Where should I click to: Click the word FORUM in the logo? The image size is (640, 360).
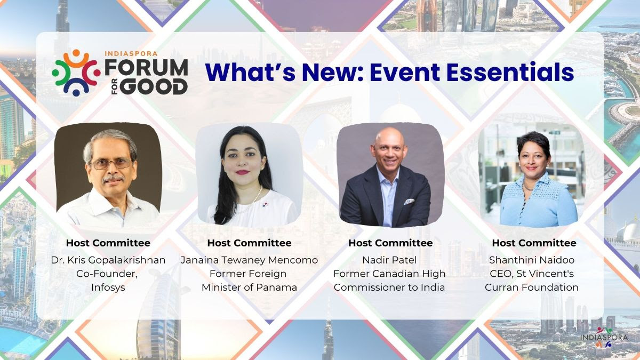pos(146,68)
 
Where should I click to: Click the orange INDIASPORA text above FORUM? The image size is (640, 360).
pos(131,53)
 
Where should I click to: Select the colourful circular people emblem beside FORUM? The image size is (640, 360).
pos(76,73)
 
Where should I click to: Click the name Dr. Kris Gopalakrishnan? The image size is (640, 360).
pos(108,260)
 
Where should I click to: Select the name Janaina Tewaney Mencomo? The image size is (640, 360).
pos(249,260)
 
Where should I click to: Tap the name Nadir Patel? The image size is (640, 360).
pos(389,260)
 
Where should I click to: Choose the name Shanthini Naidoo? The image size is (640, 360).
pos(532,260)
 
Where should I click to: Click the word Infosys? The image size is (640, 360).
pos(108,287)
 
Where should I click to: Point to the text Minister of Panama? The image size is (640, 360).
pos(249,287)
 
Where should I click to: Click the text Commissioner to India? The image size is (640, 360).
pos(389,287)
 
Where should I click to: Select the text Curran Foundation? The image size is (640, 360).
pos(532,287)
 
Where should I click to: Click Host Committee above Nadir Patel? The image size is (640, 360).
pos(390,243)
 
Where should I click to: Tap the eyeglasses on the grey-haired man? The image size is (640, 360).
pos(111,164)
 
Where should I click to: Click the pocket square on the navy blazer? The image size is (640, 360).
pos(409,202)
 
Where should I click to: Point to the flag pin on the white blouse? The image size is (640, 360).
pos(266,205)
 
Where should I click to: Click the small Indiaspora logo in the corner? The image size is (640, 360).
pos(604,338)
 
